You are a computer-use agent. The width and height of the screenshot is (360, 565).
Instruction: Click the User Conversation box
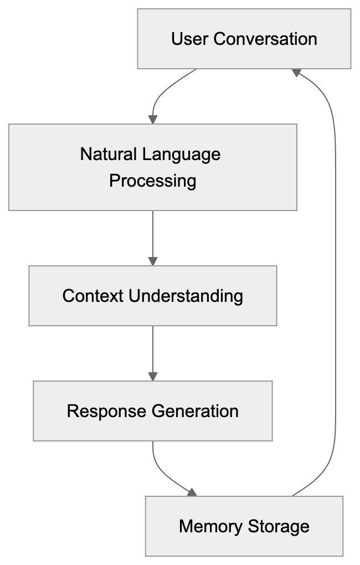click(244, 39)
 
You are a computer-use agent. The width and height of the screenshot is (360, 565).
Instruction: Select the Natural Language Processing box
click(152, 167)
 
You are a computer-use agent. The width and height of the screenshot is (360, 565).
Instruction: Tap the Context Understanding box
click(152, 295)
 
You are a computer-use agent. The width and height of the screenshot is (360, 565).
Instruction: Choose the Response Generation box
click(152, 410)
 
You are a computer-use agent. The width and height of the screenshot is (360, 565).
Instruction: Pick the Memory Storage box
click(244, 526)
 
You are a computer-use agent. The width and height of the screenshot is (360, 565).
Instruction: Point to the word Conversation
click(265, 39)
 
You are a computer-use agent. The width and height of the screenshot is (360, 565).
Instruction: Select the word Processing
click(152, 181)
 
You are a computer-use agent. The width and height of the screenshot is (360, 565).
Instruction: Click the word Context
click(93, 295)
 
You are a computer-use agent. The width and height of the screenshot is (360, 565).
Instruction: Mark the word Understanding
click(186, 295)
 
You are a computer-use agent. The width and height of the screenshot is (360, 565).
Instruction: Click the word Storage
click(279, 526)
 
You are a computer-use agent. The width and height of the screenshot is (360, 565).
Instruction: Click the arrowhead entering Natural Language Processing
click(153, 119)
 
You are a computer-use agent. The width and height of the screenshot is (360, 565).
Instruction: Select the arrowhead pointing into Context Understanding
click(153, 261)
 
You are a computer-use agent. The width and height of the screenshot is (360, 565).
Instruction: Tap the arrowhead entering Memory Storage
click(192, 492)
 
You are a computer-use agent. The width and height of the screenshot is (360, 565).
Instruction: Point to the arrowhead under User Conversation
click(296, 73)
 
